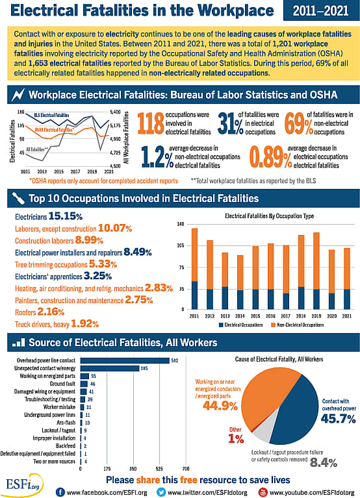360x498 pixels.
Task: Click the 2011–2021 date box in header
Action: pyautogui.click(x=319, y=11)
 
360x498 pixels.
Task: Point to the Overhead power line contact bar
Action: pyautogui.click(x=123, y=360)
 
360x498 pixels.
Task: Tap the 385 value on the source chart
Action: pyautogui.click(x=144, y=368)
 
